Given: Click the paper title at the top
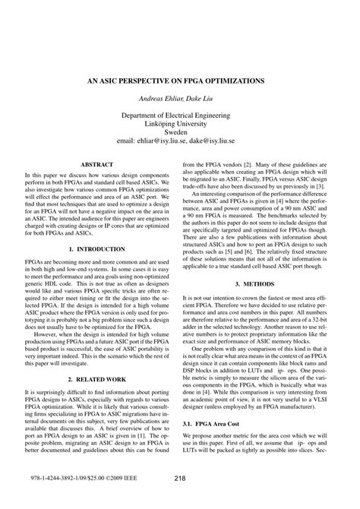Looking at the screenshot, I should pos(180,80).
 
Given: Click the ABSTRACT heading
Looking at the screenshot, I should pos(97,163).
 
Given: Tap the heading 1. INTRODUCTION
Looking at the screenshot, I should pos(97,248).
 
